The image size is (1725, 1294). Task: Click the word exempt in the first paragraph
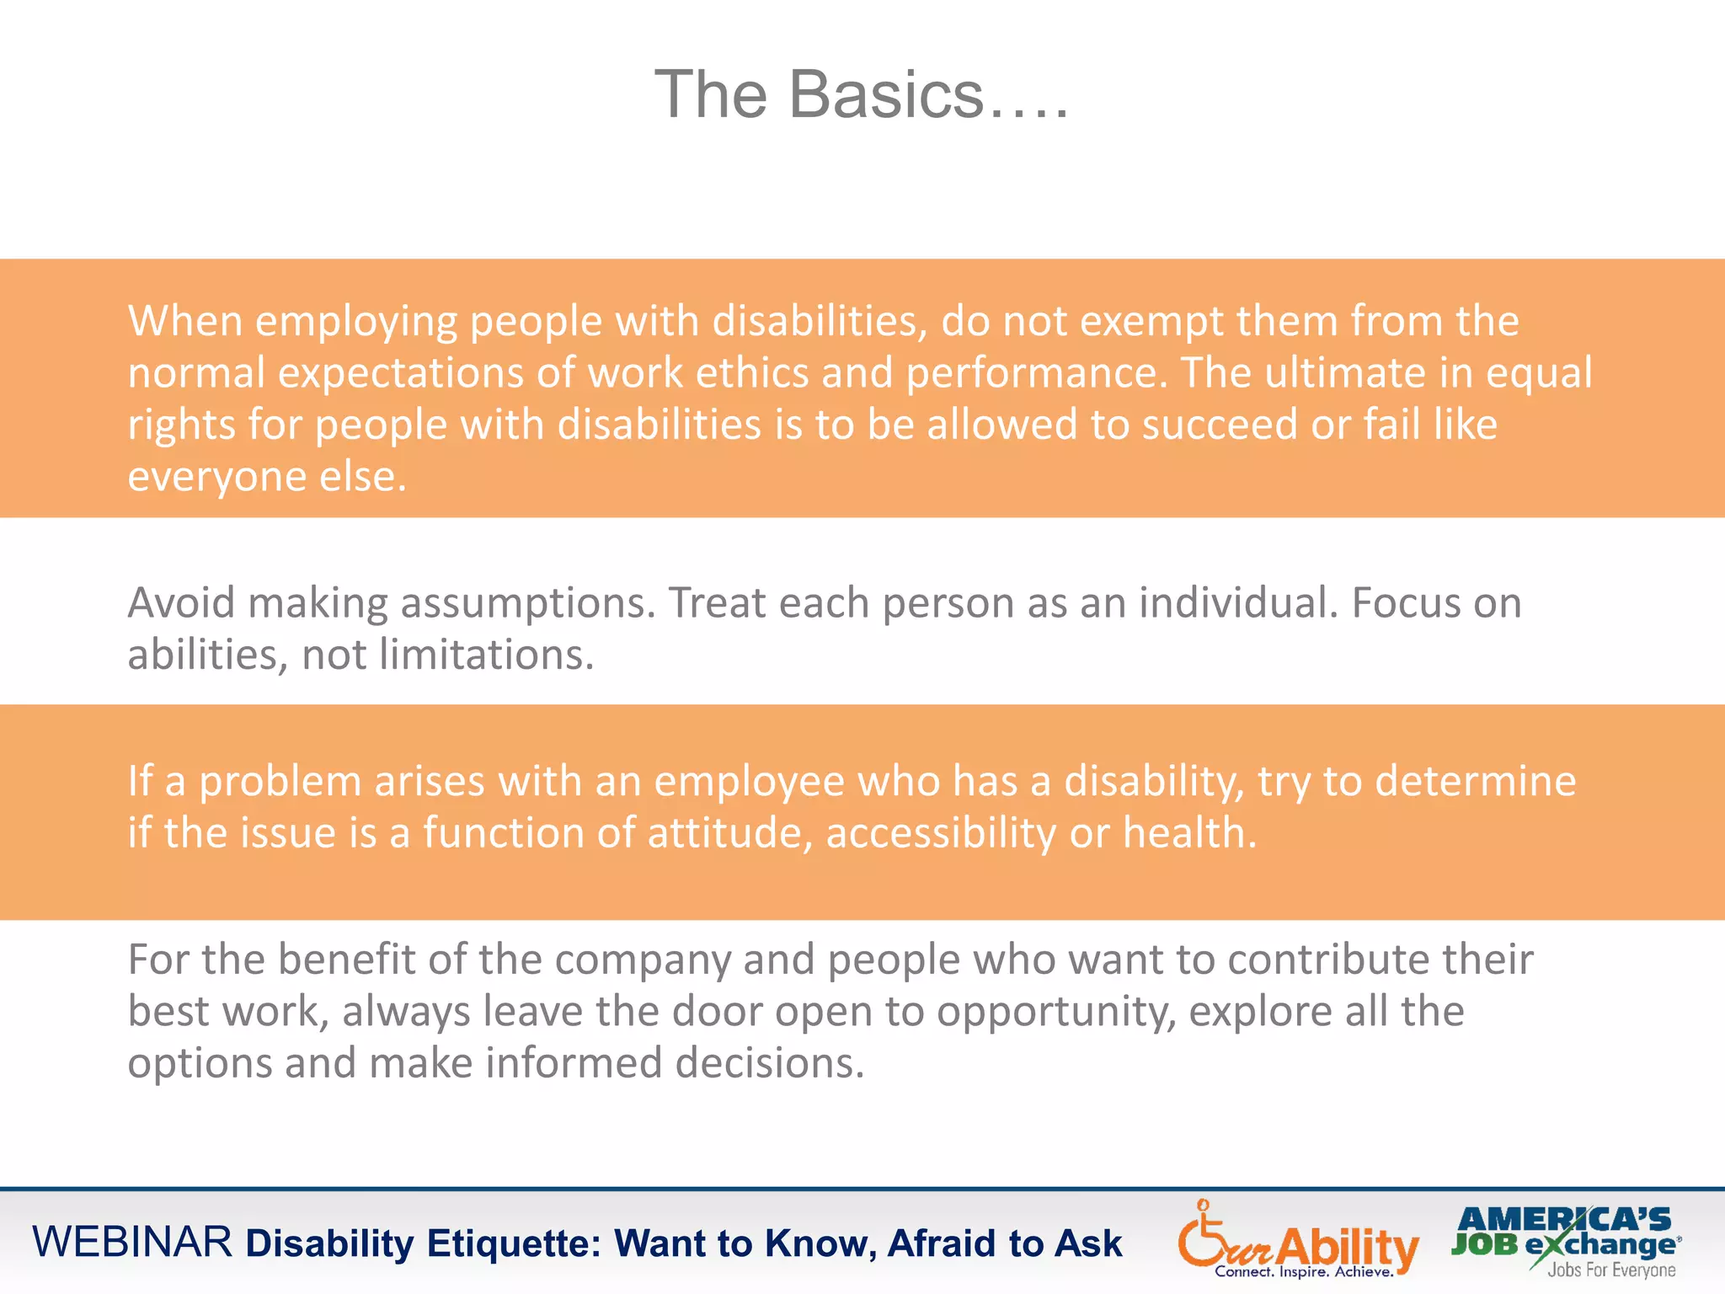pyautogui.click(x=1151, y=322)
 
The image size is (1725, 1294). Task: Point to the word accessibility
pyautogui.click(x=941, y=834)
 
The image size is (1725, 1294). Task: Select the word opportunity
pyautogui.click(x=1056, y=1013)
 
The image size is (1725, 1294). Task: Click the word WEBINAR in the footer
pyautogui.click(x=132, y=1243)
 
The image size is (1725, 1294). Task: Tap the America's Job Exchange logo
pyautogui.click(x=1566, y=1241)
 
